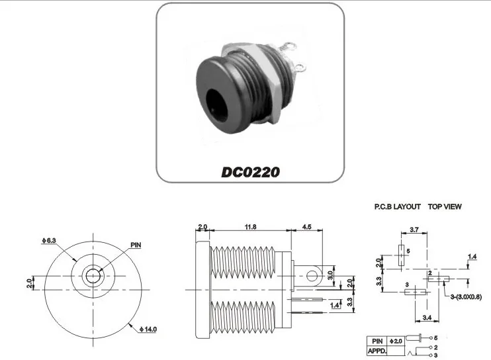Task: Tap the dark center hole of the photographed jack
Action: pos(216,103)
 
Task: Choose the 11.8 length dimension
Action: pos(249,227)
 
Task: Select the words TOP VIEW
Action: pos(445,206)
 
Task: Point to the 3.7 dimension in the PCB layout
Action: pos(414,229)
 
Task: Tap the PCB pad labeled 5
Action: pos(401,255)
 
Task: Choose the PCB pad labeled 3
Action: pos(414,292)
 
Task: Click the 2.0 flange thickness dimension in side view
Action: pos(202,227)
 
